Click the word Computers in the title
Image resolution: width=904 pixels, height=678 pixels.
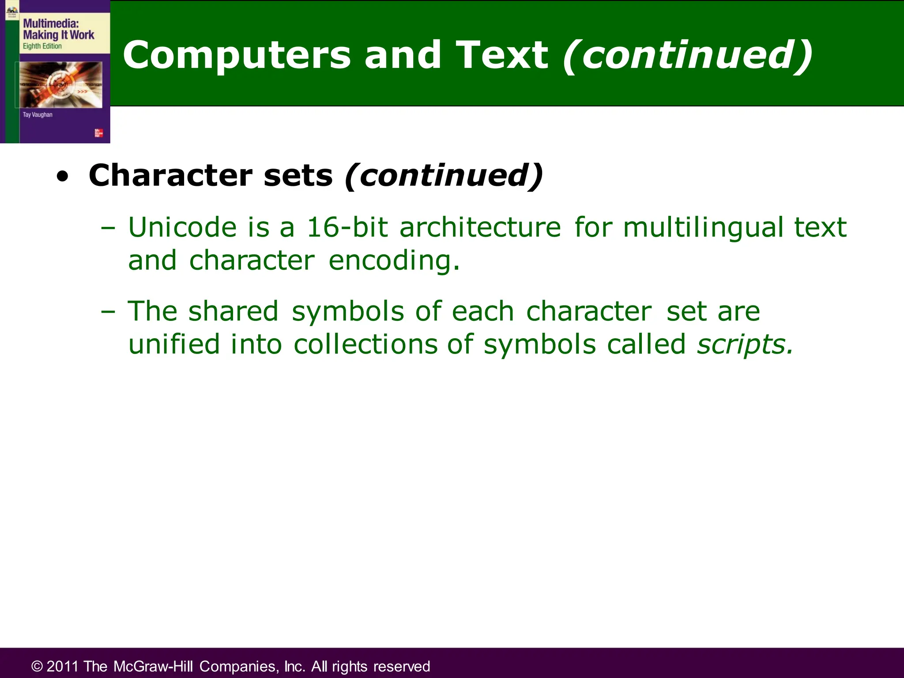coord(236,55)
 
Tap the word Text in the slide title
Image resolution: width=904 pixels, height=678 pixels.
coord(501,55)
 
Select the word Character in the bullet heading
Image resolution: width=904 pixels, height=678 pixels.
coord(169,176)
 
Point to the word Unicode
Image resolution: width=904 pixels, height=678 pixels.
coord(182,227)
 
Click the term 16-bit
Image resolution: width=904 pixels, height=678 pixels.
coord(347,227)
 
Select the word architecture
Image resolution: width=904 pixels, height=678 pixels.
coord(480,227)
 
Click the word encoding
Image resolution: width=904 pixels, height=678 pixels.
coord(394,260)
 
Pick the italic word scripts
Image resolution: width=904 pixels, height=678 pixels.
coord(744,344)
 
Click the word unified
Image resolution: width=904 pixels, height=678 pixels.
coord(173,344)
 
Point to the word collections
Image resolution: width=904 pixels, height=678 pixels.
coord(365,344)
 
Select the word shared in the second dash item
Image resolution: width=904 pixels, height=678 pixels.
coord(233,311)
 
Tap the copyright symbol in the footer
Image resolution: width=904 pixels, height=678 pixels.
coord(37,667)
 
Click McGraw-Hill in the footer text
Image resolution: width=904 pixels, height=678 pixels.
coord(152,667)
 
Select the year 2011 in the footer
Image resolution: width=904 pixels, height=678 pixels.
coord(62,667)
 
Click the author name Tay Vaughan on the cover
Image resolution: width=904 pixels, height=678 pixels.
coord(38,115)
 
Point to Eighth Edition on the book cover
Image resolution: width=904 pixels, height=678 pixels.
coord(42,46)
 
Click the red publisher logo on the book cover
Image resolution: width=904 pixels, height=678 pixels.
coord(98,133)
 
